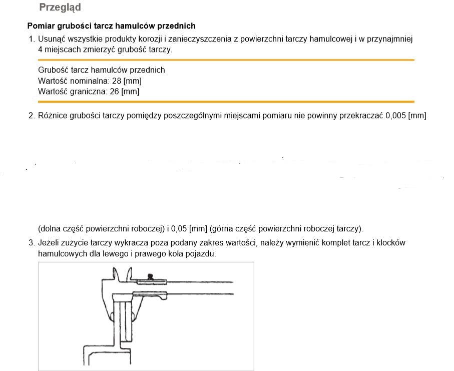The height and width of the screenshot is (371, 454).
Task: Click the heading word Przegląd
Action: coord(60,8)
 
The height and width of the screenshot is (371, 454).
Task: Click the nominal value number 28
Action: coord(117,81)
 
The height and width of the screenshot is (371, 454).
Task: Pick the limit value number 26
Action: coord(114,91)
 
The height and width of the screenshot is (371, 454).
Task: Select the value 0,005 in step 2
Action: coord(395,116)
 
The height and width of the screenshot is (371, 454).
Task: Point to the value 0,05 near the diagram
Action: coord(179,229)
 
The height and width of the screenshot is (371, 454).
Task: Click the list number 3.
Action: coord(31,243)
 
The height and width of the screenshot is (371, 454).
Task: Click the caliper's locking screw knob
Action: coord(150,276)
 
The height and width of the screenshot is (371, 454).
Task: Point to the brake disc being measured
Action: coord(123,321)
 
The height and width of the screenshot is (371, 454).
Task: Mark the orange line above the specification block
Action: coord(226,60)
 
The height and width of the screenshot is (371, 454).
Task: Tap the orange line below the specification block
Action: coord(226,102)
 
